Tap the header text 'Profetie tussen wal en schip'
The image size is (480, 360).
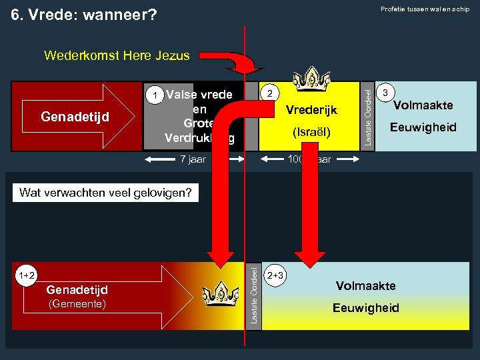click(425, 9)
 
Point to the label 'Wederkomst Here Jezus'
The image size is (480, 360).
click(117, 56)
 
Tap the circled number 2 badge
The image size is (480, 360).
click(269, 93)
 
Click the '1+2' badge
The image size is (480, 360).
click(27, 275)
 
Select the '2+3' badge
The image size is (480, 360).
click(275, 273)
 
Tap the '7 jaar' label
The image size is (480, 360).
click(193, 159)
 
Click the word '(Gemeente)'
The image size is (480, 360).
click(77, 303)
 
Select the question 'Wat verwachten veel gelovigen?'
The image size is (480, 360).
click(106, 193)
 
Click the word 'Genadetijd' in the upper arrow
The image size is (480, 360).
click(75, 117)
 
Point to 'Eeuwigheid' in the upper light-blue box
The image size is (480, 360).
click(423, 127)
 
